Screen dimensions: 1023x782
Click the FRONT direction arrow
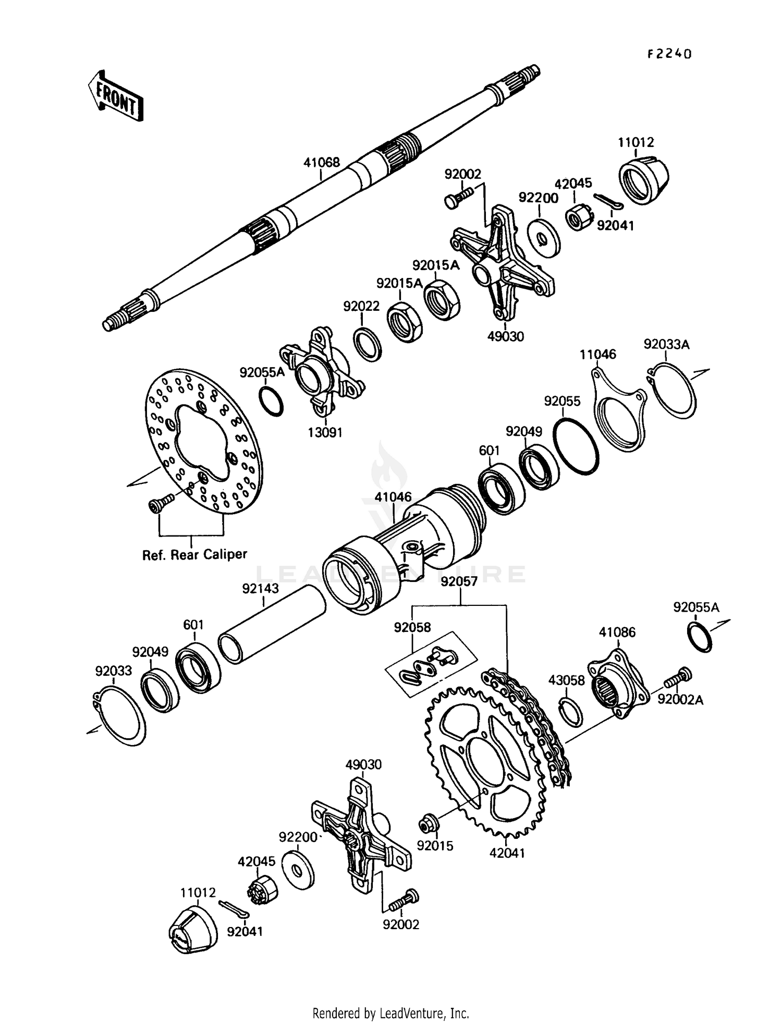coord(114,96)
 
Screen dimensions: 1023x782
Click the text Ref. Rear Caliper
coord(194,554)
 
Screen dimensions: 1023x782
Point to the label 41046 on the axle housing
coord(393,496)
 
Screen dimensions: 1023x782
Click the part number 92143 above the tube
coord(260,588)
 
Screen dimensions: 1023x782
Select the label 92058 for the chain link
coord(412,627)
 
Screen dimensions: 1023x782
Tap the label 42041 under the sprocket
coord(507,854)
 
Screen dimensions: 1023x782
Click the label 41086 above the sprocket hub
coord(617,632)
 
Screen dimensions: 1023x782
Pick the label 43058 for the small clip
coord(566,680)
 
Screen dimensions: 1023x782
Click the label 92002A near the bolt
coord(680,700)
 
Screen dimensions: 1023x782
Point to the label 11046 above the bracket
coord(597,355)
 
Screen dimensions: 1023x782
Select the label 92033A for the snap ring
coord(666,344)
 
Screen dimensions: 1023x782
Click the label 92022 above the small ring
coord(361,306)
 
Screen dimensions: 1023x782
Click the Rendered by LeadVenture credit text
coord(390,1013)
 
